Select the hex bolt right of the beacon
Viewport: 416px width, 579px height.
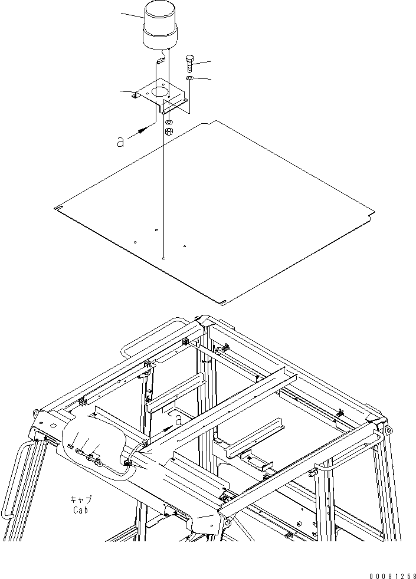(x=190, y=64)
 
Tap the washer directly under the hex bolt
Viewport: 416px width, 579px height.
(x=189, y=78)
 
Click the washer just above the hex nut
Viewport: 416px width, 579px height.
(x=169, y=122)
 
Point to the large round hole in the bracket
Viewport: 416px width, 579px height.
(x=160, y=92)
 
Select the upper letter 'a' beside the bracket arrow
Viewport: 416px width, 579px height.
(x=120, y=142)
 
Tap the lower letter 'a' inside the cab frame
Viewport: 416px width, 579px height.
(x=178, y=420)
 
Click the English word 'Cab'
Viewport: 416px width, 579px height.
(x=80, y=511)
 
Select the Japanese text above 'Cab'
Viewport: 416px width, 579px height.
(x=81, y=500)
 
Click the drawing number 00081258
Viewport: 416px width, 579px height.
(x=392, y=575)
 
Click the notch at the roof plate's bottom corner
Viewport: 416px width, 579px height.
(x=222, y=304)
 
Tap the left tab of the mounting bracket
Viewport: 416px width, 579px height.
(x=135, y=96)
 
